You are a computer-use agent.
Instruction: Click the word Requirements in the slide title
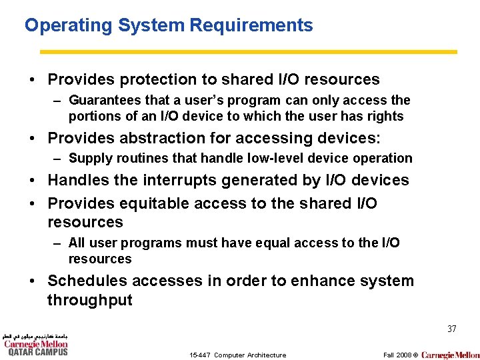pos(251,26)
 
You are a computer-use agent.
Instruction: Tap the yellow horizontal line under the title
pos(248,51)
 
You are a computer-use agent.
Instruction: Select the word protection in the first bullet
pos(157,80)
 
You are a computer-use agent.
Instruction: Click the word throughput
pos(89,301)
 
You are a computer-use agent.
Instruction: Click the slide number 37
pos(451,329)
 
